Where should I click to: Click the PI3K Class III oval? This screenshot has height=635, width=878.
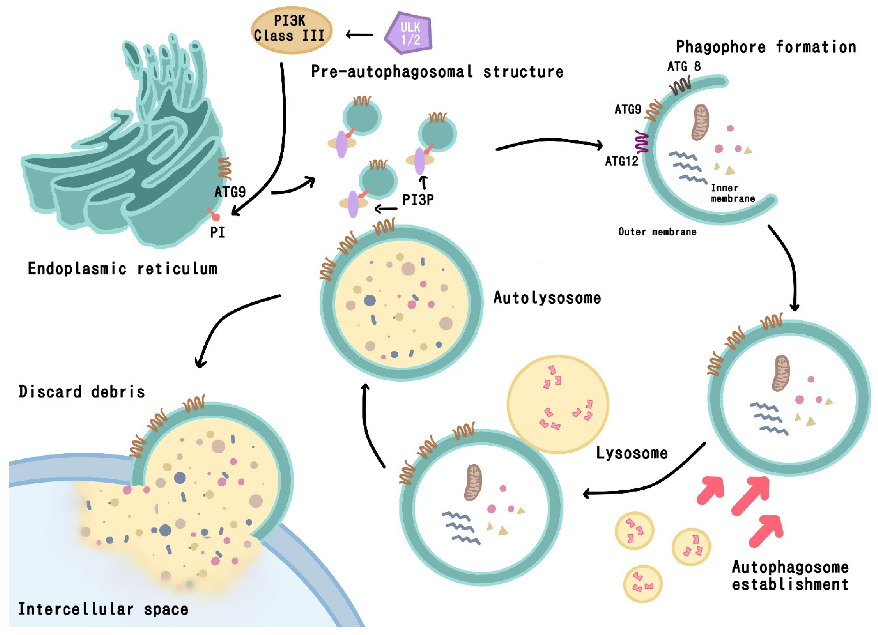(291, 30)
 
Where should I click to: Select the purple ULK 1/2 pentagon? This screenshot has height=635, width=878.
(409, 34)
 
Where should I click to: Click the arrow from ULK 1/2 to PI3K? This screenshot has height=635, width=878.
(359, 35)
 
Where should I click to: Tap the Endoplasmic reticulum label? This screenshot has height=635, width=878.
(122, 269)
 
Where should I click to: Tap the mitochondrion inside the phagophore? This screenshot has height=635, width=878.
(700, 123)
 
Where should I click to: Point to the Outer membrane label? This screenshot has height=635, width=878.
(657, 232)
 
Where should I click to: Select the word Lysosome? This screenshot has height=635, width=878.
(631, 453)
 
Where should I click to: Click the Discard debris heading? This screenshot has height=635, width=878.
(82, 392)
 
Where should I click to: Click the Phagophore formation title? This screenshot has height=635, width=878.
(766, 47)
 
